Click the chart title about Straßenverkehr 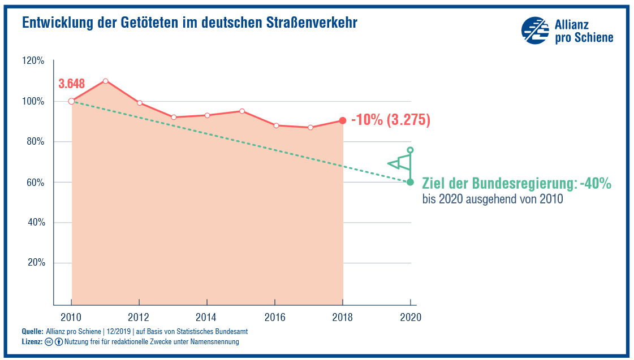189,23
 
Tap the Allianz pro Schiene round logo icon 534,31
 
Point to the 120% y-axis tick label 33,60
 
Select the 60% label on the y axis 34,183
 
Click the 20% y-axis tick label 34,263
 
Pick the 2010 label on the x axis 71,317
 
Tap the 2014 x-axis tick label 207,317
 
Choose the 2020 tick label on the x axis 410,317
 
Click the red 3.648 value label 72,84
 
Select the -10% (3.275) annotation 391,120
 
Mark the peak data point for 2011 105,81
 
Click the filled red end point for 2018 343,120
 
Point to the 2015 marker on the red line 241,111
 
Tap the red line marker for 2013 174,117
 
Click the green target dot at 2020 410,182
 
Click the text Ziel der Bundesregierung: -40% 517,184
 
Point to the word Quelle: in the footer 33,331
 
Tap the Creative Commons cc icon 49,342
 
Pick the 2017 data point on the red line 309,127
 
